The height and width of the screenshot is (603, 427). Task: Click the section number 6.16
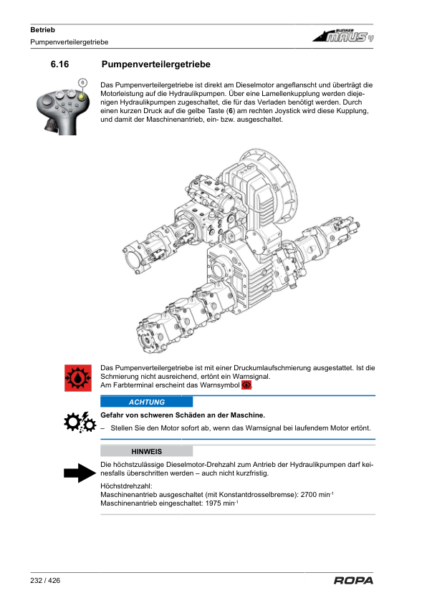point(59,64)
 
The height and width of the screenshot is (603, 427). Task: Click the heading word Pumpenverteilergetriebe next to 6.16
point(155,64)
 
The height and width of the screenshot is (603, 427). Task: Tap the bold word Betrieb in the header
point(43,29)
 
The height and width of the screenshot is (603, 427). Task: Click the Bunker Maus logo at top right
point(342,35)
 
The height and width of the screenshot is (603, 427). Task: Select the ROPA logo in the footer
point(353,580)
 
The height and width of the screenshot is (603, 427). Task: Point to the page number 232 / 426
point(45,580)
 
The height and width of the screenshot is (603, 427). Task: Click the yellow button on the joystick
point(82,96)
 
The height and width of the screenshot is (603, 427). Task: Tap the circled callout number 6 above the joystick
point(82,82)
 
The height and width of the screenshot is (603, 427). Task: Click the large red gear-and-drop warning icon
point(78,378)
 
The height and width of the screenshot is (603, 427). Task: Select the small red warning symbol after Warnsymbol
point(246,385)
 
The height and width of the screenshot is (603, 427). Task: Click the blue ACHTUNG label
point(147,402)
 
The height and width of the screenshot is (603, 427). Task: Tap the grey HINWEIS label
point(147,451)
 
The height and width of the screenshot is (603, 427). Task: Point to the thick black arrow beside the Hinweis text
point(80,473)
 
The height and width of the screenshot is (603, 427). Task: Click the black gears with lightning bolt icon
point(80,423)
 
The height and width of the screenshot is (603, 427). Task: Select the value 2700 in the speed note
point(309,495)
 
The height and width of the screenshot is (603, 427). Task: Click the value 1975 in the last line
point(214,503)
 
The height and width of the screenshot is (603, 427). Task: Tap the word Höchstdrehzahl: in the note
point(126,486)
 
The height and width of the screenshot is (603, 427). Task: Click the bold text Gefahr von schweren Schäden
point(153,415)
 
